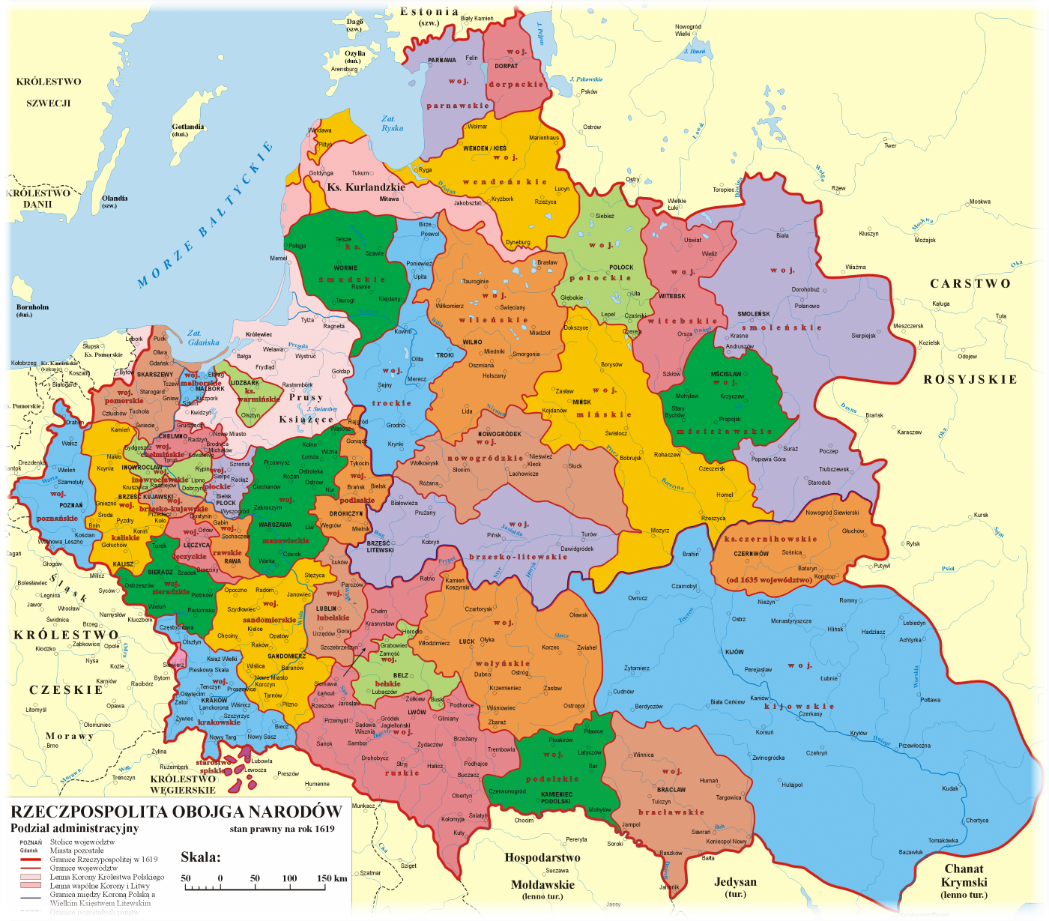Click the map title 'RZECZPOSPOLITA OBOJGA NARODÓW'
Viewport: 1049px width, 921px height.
point(176,812)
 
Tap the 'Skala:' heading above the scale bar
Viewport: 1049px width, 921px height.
point(200,857)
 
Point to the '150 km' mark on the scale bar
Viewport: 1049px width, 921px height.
point(331,878)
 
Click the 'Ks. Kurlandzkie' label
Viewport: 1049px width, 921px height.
point(366,187)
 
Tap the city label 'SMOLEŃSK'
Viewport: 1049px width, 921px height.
point(753,314)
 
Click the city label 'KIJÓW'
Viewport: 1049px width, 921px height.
point(734,652)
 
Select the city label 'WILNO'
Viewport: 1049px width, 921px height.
point(472,342)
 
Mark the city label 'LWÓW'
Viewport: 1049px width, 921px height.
point(417,713)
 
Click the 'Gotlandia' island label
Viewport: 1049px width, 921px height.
point(187,127)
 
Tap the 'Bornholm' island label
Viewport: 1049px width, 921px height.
point(32,307)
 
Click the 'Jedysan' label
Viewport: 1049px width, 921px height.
point(735,882)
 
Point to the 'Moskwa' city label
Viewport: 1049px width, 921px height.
point(979,202)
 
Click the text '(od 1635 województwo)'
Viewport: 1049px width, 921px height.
point(770,580)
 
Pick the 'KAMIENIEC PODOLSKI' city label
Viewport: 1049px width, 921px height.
point(556,797)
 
